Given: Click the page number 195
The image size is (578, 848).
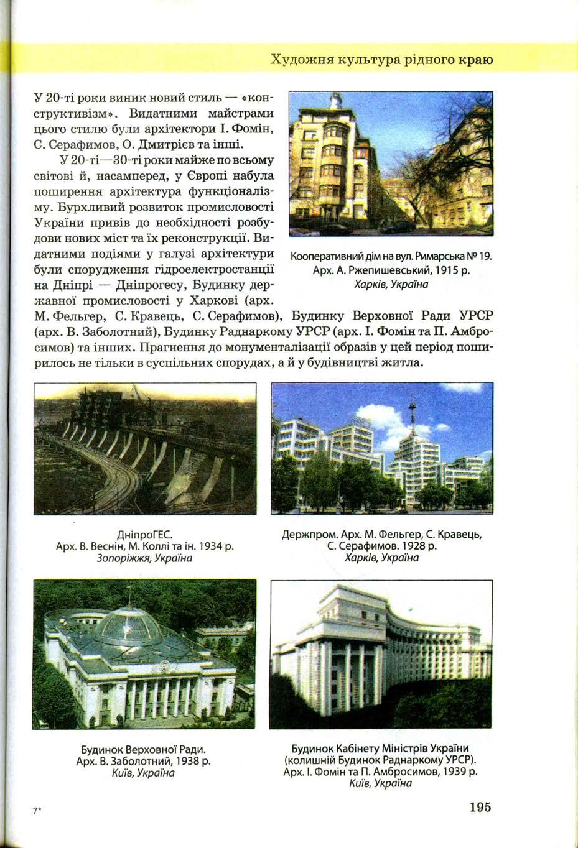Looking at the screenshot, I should [x=480, y=807].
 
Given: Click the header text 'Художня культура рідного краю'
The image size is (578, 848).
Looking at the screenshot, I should [x=382, y=60].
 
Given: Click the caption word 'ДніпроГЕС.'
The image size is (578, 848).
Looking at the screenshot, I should [x=144, y=535].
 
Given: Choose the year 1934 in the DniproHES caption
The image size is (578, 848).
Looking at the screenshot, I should [x=208, y=546].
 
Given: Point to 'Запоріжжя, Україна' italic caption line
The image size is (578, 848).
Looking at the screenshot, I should [x=144, y=558].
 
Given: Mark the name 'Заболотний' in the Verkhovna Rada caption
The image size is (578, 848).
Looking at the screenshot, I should [x=144, y=761].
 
